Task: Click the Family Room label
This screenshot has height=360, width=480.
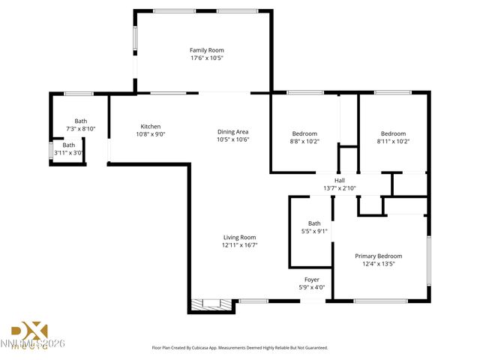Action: pos(206,49)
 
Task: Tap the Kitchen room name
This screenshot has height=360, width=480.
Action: pos(151,126)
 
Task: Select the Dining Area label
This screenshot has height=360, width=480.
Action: pos(232,131)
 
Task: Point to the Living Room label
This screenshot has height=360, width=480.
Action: pos(239,237)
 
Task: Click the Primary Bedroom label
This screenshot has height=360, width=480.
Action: pos(378,256)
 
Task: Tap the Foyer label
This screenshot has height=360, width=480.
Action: pos(311,279)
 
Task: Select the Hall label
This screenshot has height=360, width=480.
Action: pos(339,180)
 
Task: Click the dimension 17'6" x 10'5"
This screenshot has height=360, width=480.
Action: pos(206,58)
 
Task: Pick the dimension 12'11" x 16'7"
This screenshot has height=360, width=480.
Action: pos(239,245)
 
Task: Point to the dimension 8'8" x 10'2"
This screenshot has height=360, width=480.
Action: pos(304,141)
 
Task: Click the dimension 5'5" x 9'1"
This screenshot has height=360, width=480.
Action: pos(314,231)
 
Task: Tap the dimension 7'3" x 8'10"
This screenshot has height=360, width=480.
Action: pos(80,129)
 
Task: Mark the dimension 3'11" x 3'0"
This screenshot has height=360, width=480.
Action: pos(68,153)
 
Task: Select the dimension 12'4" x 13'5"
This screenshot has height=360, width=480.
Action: pos(378,264)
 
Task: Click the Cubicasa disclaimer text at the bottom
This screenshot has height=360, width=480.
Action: pos(240,348)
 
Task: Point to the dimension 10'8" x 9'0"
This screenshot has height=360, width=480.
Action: pos(151,134)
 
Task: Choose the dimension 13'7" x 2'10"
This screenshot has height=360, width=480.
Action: pos(339,188)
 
